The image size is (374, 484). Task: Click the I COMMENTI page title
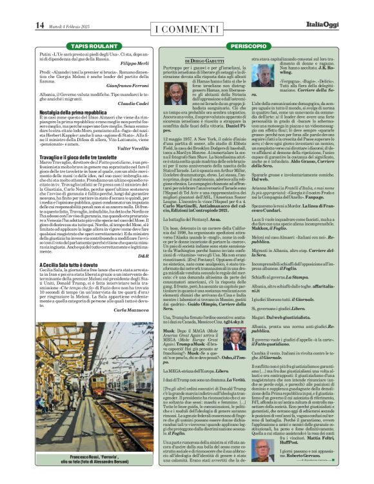(186, 28)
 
